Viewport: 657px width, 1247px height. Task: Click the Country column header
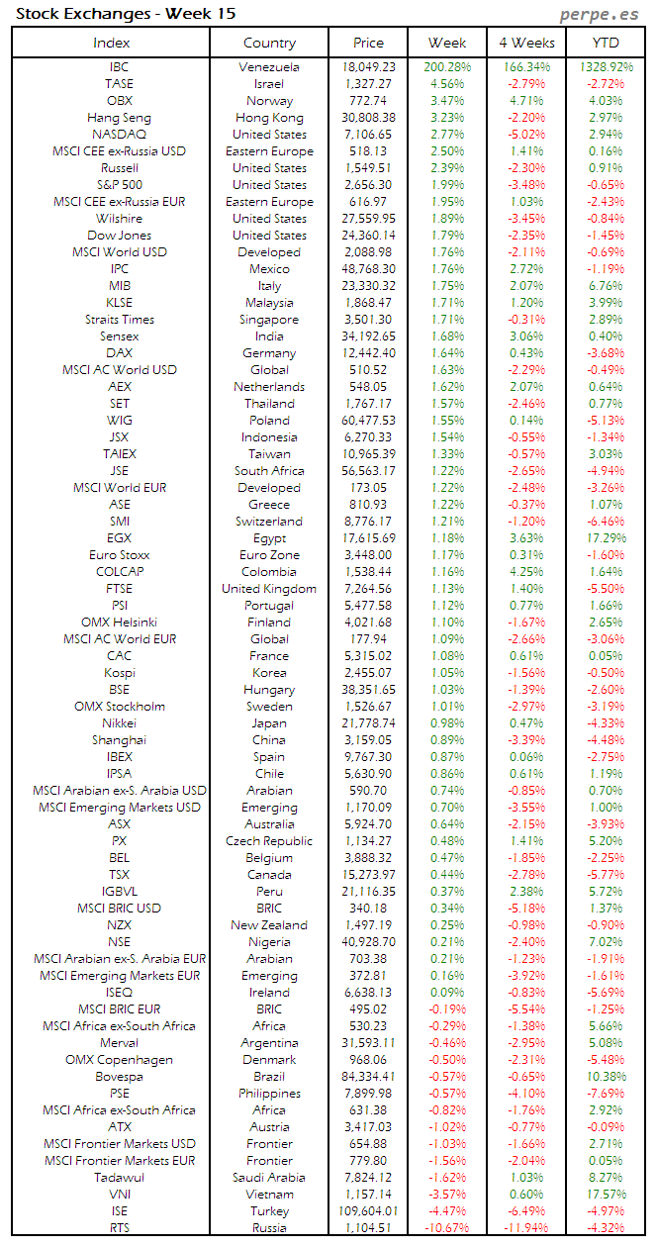269,43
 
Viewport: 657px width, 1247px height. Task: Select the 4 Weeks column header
526,43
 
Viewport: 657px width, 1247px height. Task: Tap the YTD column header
606,43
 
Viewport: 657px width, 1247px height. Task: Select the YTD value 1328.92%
607,67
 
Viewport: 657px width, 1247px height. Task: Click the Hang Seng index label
119,118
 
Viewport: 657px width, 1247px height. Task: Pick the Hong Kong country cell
269,118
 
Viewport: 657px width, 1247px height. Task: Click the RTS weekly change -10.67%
447,1228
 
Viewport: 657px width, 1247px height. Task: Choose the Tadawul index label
119,1178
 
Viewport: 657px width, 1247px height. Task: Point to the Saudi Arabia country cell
269,1178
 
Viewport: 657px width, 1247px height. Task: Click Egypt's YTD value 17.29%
607,538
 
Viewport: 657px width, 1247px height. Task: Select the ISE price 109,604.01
367,1211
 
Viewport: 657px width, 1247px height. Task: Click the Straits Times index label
119,320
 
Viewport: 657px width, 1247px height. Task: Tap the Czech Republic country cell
269,841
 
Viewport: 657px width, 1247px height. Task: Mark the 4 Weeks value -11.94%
526,1228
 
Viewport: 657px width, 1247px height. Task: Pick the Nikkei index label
119,723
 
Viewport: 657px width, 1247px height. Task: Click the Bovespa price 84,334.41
368,1077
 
